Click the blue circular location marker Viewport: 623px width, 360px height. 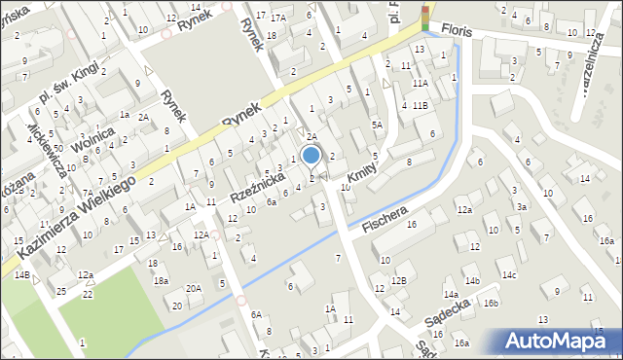[311, 155]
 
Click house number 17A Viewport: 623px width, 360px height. [279, 18]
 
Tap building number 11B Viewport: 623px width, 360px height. [420, 105]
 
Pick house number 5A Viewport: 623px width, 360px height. [377, 125]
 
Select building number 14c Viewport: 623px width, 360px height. [509, 275]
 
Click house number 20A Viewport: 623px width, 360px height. [194, 288]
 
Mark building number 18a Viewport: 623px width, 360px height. [161, 280]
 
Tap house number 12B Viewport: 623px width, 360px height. [398, 280]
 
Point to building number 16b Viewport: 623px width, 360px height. [491, 304]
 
